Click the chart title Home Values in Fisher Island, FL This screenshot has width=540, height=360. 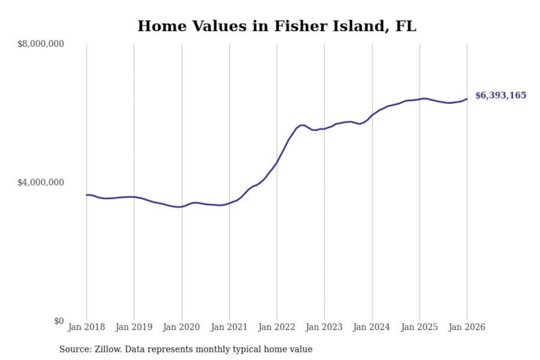pos(277,26)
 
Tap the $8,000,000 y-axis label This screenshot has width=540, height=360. pos(40,44)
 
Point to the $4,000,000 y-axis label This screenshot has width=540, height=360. pos(40,183)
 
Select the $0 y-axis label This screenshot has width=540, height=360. pos(58,321)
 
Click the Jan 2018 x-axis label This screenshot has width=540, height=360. pos(86,327)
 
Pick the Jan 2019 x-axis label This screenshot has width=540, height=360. pos(134,327)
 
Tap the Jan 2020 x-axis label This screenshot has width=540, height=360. pos(181,327)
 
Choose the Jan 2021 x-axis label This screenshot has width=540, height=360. pos(229,327)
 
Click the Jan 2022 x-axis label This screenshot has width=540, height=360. pos(277,327)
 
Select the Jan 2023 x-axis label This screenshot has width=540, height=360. pos(324,327)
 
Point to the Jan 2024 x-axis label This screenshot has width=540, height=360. pos(372,327)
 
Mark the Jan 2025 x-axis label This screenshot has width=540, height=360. pos(419,327)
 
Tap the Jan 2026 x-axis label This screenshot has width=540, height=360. pos(467,327)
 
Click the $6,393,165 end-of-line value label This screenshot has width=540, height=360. pos(501,95)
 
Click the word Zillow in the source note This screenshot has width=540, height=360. pos(108,349)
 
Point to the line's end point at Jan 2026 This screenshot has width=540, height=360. pos(467,99)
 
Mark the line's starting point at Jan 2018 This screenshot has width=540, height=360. pos(87,195)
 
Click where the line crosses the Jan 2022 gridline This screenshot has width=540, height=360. pos(277,162)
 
